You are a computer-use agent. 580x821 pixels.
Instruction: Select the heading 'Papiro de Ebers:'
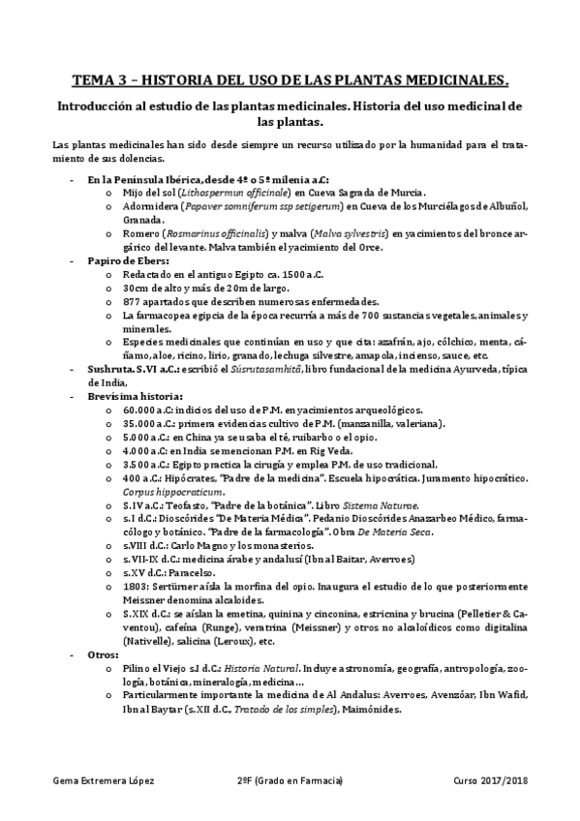(x=128, y=261)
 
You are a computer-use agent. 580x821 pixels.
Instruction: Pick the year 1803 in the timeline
(x=135, y=587)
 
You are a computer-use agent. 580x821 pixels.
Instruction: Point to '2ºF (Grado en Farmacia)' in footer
(x=289, y=779)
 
